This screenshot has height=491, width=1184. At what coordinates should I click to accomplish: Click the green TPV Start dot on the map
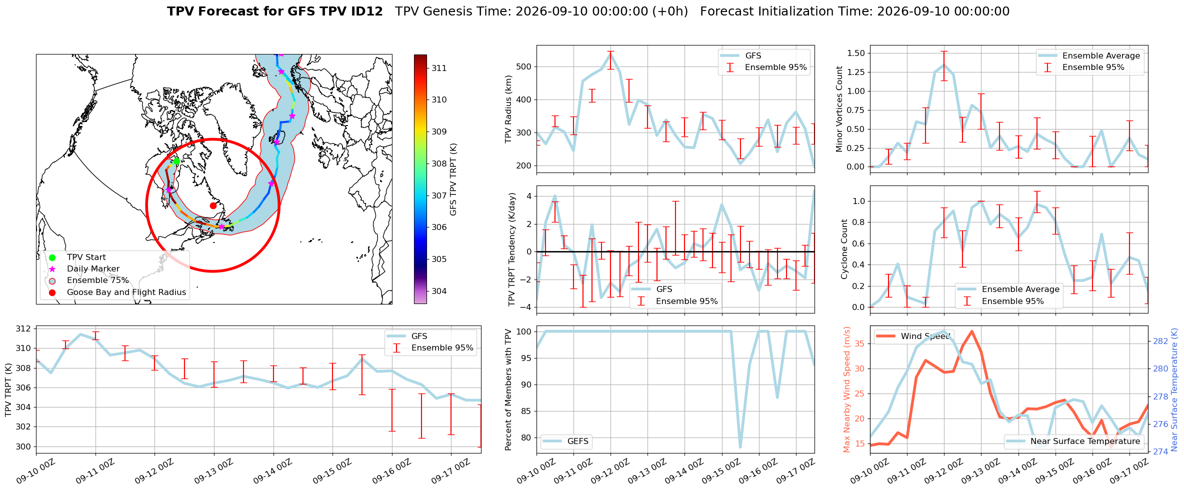(x=176, y=161)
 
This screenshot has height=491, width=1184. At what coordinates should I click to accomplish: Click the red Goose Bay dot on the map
(x=213, y=205)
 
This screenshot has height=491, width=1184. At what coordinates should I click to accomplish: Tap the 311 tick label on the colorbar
(x=439, y=68)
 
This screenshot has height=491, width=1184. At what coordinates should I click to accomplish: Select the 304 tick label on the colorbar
(x=439, y=291)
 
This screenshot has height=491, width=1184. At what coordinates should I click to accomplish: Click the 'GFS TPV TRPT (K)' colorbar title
(x=453, y=179)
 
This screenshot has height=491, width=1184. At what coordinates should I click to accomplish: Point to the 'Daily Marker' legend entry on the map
(x=93, y=269)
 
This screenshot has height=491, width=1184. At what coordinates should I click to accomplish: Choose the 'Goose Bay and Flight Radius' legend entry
(x=126, y=292)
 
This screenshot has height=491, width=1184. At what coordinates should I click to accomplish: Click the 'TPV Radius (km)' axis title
(x=508, y=109)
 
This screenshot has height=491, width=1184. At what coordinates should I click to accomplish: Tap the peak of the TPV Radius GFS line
(x=610, y=52)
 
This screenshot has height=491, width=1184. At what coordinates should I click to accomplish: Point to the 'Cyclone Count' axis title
(x=844, y=249)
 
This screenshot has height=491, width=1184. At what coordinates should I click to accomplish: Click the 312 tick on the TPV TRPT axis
(x=23, y=329)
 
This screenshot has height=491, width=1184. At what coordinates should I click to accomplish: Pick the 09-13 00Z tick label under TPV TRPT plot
(x=213, y=471)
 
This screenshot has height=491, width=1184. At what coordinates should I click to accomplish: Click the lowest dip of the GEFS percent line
(x=740, y=447)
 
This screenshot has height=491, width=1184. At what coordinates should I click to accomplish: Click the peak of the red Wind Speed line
(x=971, y=331)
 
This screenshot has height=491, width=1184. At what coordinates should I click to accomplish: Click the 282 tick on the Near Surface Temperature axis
(x=1160, y=341)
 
